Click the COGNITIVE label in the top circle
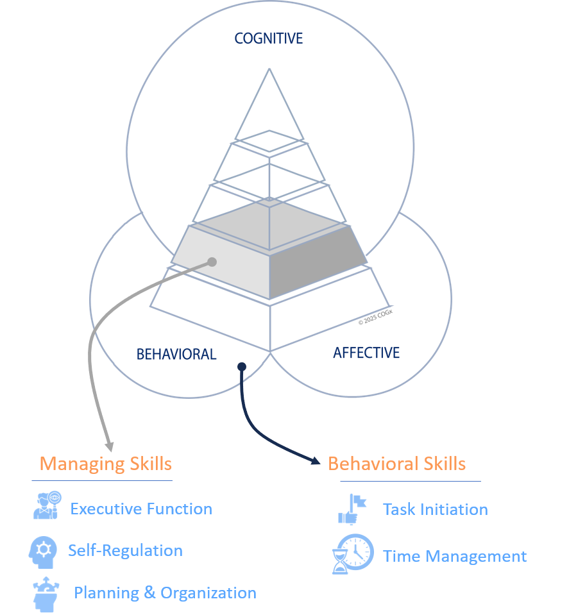coord(268,38)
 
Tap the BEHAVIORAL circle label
coord(176,355)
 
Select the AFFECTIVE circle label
coord(366,353)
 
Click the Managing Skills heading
coord(106,464)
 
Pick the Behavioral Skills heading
coord(396,464)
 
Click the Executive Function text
coord(141,509)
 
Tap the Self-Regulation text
coord(125,551)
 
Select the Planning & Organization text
coord(165,593)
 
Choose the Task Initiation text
coord(435,510)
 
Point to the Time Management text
coord(455,557)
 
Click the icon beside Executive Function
coord(47,505)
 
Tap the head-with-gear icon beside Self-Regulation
coord(44,550)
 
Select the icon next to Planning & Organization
coord(45,594)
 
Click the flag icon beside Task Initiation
coord(352,509)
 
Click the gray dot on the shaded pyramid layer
coord(212,262)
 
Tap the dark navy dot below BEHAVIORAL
coord(242,366)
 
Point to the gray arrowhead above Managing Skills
coord(109,446)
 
